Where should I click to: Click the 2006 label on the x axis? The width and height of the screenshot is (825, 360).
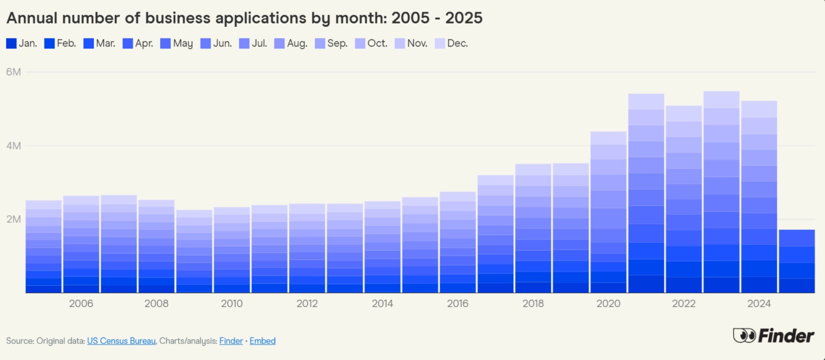point(81,304)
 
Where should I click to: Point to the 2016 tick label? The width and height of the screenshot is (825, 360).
point(457,304)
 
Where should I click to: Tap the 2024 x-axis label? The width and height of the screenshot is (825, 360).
point(759,304)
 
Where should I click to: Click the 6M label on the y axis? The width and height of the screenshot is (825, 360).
point(13,72)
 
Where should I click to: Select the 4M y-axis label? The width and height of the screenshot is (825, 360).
point(13,146)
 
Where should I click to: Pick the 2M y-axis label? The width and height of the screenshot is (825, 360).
point(13,219)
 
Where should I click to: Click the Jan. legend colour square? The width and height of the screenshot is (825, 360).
point(11,43)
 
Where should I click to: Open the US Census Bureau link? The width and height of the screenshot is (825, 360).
point(121,341)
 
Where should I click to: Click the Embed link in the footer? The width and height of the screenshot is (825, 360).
point(263,341)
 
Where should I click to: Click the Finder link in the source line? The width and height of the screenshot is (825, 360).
point(231,341)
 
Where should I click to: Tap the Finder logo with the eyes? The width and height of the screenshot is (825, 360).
point(773,336)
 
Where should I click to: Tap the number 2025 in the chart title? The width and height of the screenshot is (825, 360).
point(464,18)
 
